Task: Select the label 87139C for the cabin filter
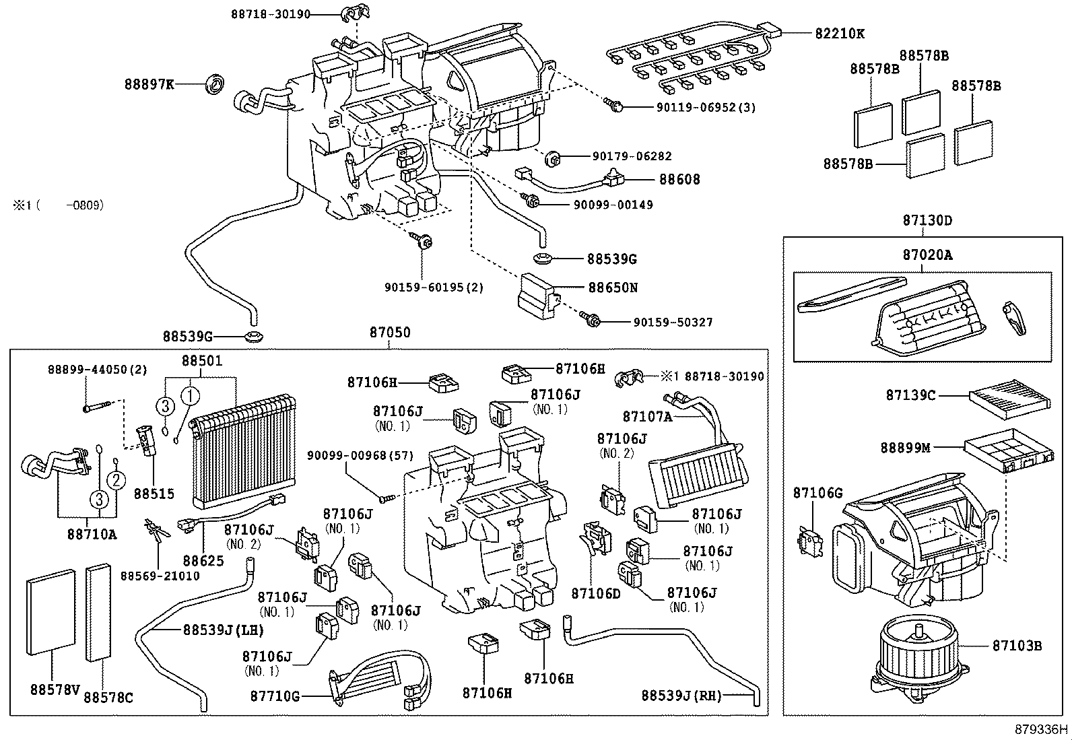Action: click(x=910, y=395)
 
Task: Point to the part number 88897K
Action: click(x=149, y=84)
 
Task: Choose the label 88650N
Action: click(x=613, y=288)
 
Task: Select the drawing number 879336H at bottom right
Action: click(x=1042, y=729)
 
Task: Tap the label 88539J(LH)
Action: click(x=224, y=630)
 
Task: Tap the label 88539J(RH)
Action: click(x=681, y=696)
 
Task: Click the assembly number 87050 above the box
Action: click(x=389, y=333)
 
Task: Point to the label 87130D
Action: click(x=927, y=220)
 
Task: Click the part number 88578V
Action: click(x=55, y=689)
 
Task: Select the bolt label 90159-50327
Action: click(x=673, y=323)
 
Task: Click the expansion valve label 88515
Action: click(x=154, y=494)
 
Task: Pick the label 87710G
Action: click(x=275, y=696)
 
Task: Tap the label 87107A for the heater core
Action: click(x=647, y=417)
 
